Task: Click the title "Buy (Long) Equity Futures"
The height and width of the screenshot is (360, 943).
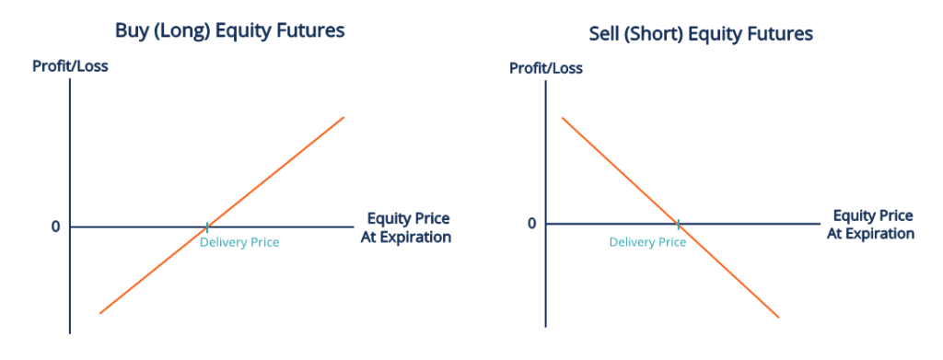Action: pyautogui.click(x=229, y=30)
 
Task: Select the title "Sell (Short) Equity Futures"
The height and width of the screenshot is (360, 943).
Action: pyautogui.click(x=701, y=35)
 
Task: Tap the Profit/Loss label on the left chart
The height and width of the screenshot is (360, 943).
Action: pyautogui.click(x=70, y=66)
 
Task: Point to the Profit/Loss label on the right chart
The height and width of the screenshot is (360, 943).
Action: pyautogui.click(x=546, y=69)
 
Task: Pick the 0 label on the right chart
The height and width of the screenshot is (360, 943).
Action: pyautogui.click(x=531, y=224)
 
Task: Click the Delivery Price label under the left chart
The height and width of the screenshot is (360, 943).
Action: pyautogui.click(x=239, y=242)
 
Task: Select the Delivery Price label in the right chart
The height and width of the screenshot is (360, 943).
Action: pyautogui.click(x=647, y=242)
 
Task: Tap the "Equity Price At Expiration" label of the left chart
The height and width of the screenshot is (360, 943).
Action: pyautogui.click(x=408, y=227)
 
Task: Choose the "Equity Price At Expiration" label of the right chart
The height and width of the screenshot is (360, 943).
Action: pyautogui.click(x=870, y=225)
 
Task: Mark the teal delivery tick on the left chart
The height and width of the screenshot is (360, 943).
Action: pyautogui.click(x=206, y=226)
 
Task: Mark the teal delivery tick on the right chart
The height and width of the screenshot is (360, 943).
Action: pyautogui.click(x=678, y=223)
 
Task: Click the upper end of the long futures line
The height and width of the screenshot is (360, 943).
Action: pyautogui.click(x=343, y=118)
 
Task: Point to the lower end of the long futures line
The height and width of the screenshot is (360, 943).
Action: pyautogui.click(x=99, y=313)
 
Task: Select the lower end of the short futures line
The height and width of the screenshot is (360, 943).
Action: pyautogui.click(x=779, y=318)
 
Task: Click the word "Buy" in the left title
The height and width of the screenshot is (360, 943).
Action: pyautogui.click(x=133, y=30)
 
